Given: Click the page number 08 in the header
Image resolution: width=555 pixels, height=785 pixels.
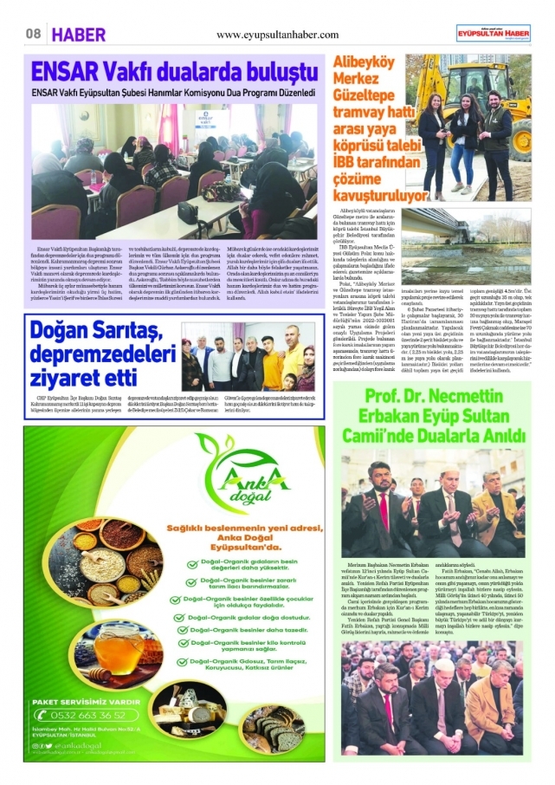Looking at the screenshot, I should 33,34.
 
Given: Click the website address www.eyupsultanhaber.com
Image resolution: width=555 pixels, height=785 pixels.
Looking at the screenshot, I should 277,34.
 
